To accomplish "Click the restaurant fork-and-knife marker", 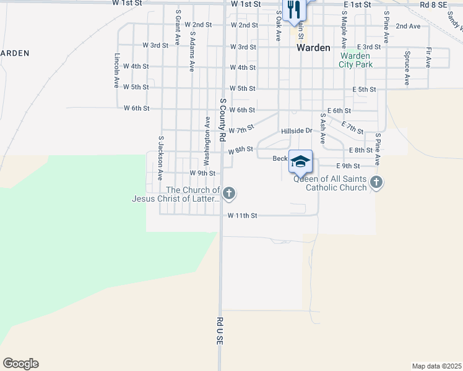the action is (x=293, y=9).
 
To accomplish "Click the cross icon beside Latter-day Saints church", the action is (x=229, y=194).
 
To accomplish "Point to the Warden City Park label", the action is (x=355, y=60).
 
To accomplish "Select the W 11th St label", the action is (x=242, y=216).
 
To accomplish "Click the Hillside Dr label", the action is (x=296, y=131).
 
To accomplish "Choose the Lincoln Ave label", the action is (x=116, y=70).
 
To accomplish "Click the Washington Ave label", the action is (x=207, y=133).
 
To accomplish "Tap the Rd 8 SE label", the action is (x=433, y=4).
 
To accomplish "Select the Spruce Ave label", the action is (x=407, y=68).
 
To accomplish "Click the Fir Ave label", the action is (x=428, y=58).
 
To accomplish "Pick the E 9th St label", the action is (x=348, y=166).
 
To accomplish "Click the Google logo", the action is (x=20, y=364).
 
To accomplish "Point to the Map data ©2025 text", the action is (x=436, y=366).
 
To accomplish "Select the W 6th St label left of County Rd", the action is (x=136, y=108).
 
